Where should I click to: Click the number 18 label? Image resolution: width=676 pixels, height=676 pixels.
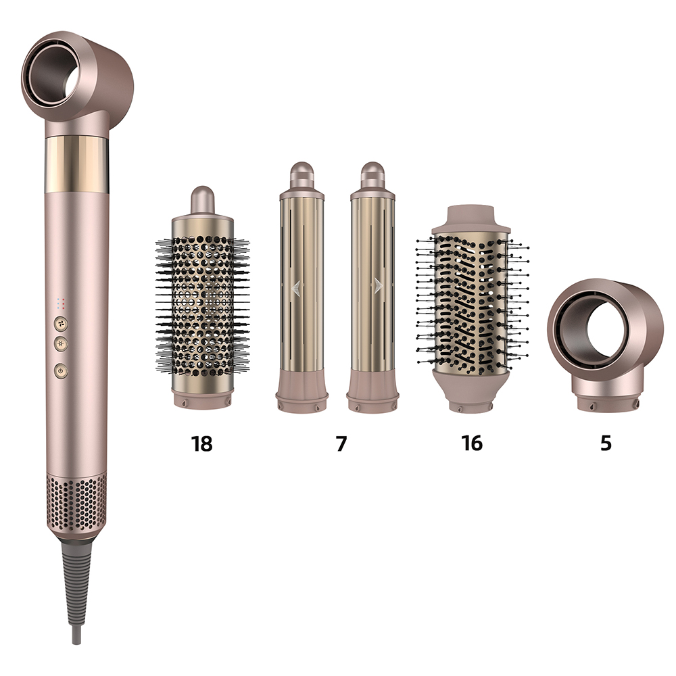[x=201, y=443]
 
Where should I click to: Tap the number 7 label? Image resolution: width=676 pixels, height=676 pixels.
[x=341, y=443]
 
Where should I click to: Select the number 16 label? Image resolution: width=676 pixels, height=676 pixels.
[x=472, y=443]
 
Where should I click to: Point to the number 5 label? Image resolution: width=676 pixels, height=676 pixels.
[x=606, y=443]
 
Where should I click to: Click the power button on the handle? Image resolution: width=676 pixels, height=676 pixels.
[x=61, y=370]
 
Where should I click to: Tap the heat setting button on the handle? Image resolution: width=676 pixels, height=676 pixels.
[x=61, y=344]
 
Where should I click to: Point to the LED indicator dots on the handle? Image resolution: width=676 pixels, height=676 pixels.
[x=61, y=304]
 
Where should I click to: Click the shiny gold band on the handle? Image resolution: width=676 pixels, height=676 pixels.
[x=76, y=165]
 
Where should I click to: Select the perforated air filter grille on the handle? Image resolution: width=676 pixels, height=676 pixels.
[x=76, y=502]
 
